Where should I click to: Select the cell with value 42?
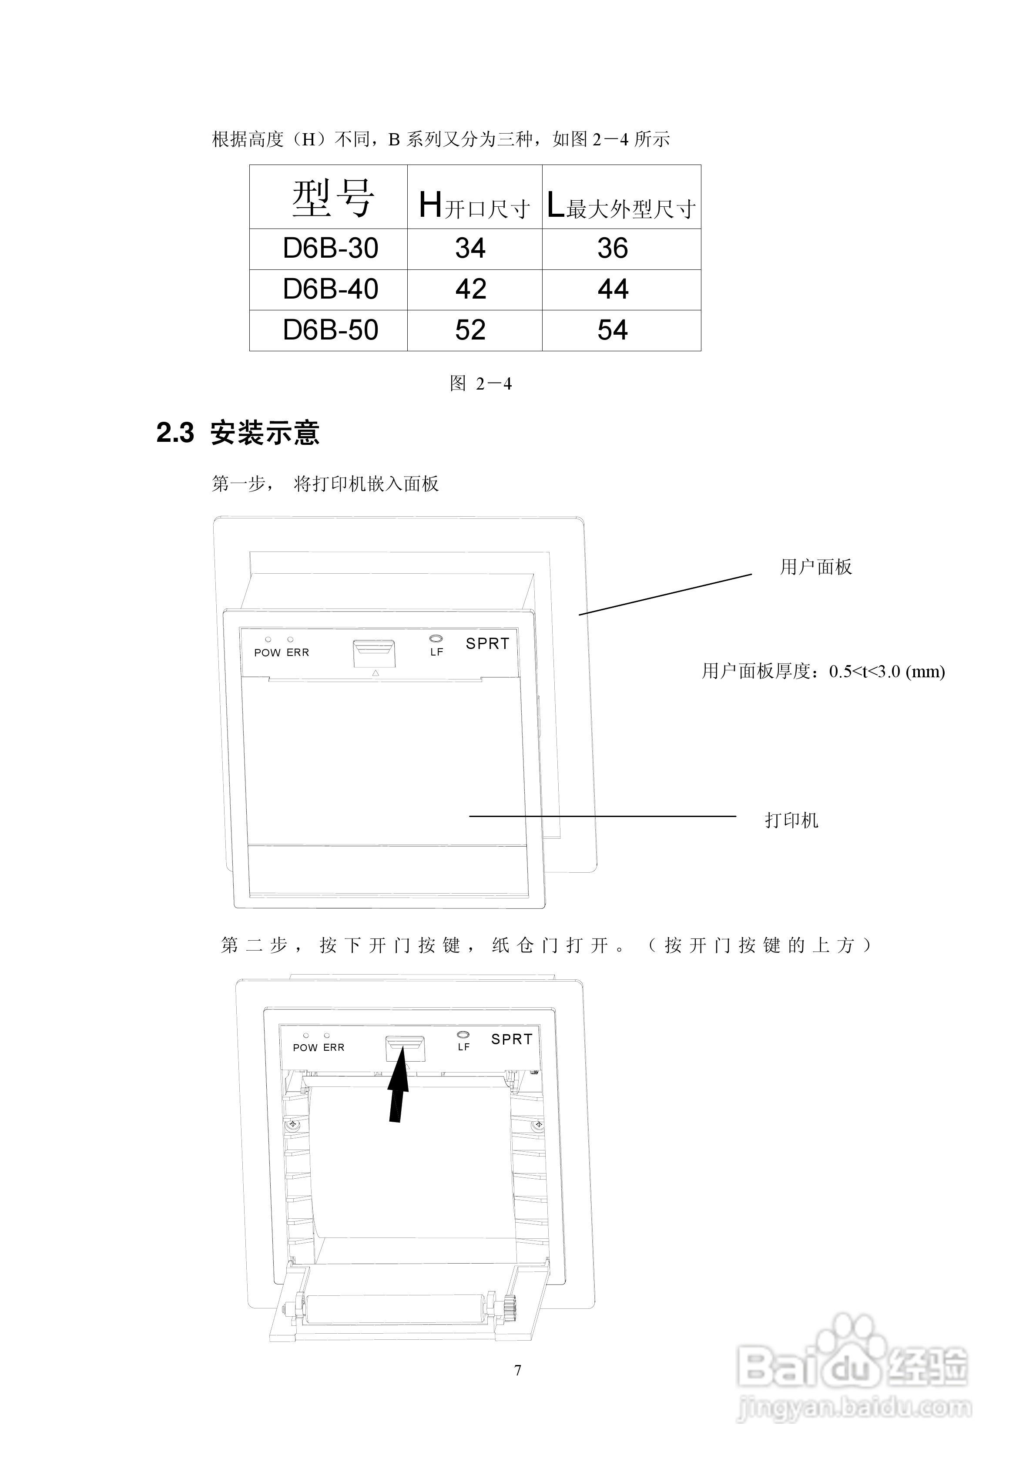coord(470,289)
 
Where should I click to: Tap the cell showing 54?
coord(613,330)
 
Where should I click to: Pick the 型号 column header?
coord(332,198)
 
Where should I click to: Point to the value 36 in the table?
coord(613,249)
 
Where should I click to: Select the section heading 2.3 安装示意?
coord(238,433)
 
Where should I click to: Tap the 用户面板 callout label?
coord(816,567)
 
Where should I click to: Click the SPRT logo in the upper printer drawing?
coord(487,644)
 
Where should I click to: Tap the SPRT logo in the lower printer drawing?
coord(511,1039)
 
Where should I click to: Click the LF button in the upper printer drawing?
coord(436,639)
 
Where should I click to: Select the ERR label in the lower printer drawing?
coord(333,1048)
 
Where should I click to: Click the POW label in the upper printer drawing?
coord(268,652)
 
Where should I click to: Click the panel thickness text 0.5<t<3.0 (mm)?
coord(887,672)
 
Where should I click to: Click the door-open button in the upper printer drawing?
coord(374,652)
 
